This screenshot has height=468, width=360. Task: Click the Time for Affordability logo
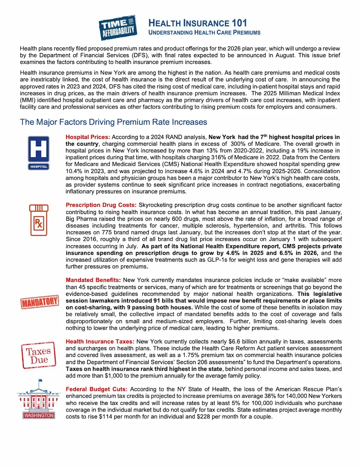coord(118,27)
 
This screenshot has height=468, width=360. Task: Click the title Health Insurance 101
coord(197,23)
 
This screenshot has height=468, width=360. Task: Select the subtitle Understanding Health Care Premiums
coord(204,33)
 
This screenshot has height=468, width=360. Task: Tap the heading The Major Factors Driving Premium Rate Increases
coord(114,122)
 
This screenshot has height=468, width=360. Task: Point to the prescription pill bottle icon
coord(39,220)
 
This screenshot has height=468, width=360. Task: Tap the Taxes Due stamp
coord(39,355)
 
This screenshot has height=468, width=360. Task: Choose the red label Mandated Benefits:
coord(93,280)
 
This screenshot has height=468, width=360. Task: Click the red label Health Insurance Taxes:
coord(100,342)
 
